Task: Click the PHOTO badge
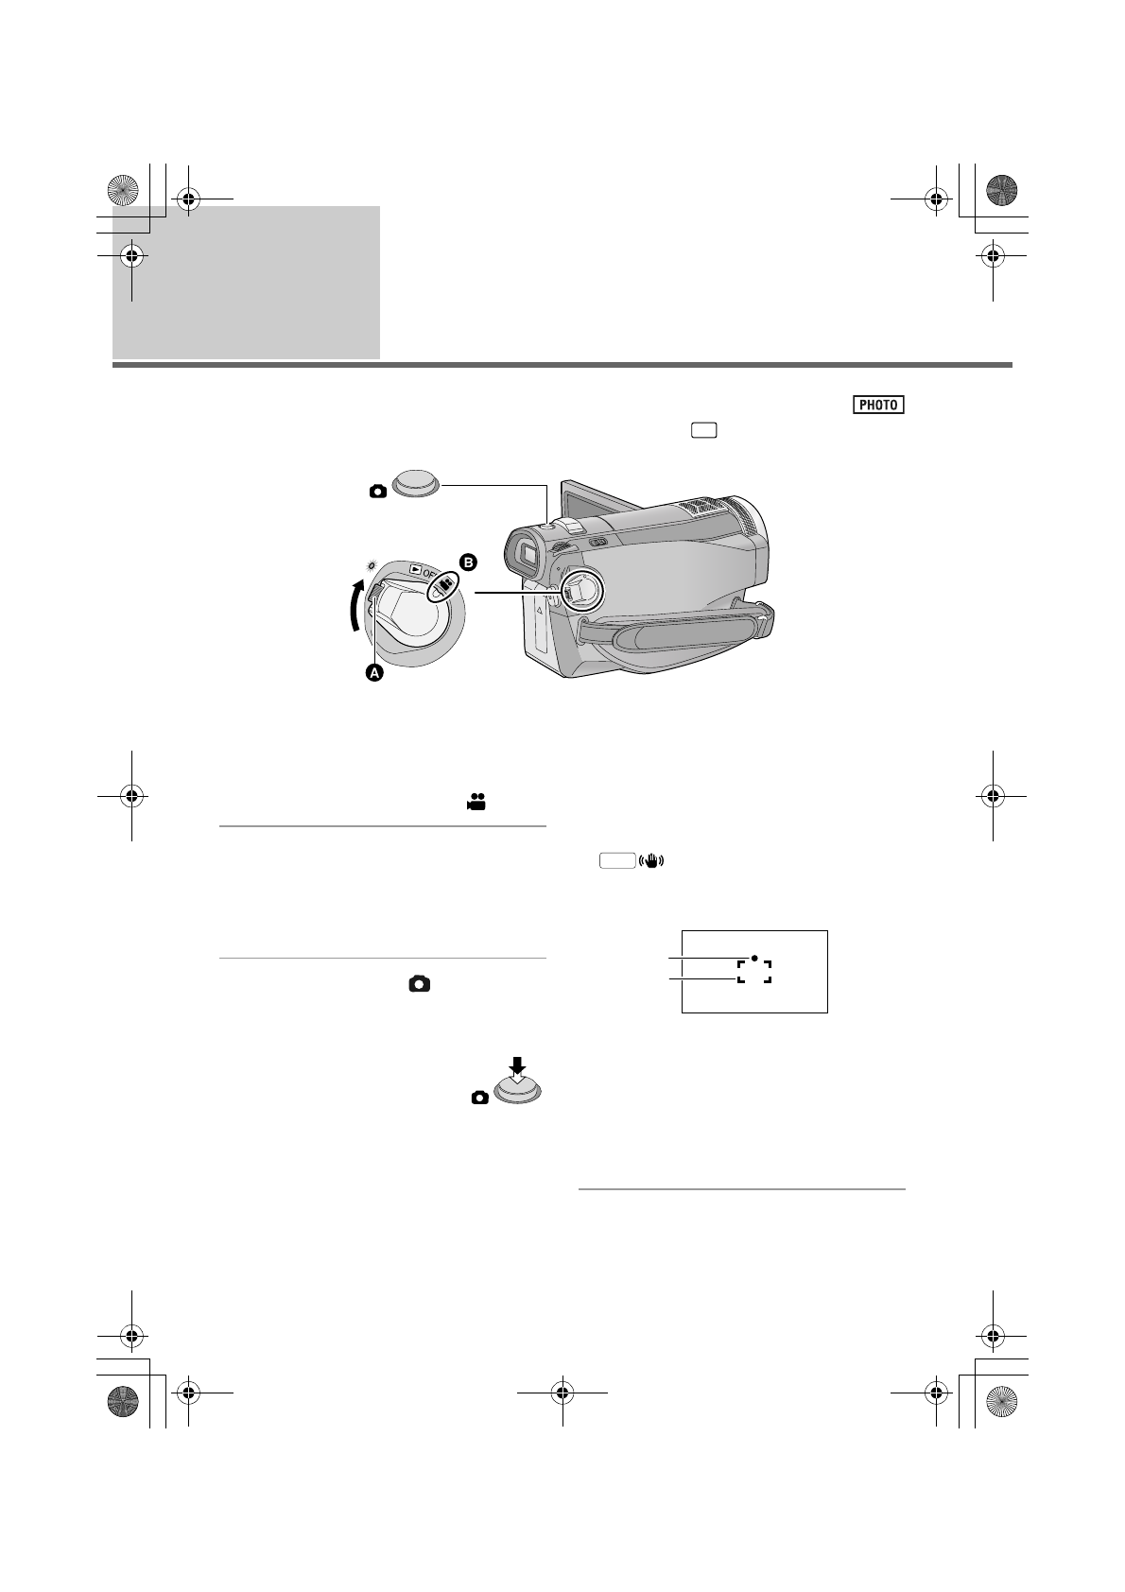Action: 878,405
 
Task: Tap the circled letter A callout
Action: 374,672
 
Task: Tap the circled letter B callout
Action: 468,562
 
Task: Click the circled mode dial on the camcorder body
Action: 582,591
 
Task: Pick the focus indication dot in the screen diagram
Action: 754,958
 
